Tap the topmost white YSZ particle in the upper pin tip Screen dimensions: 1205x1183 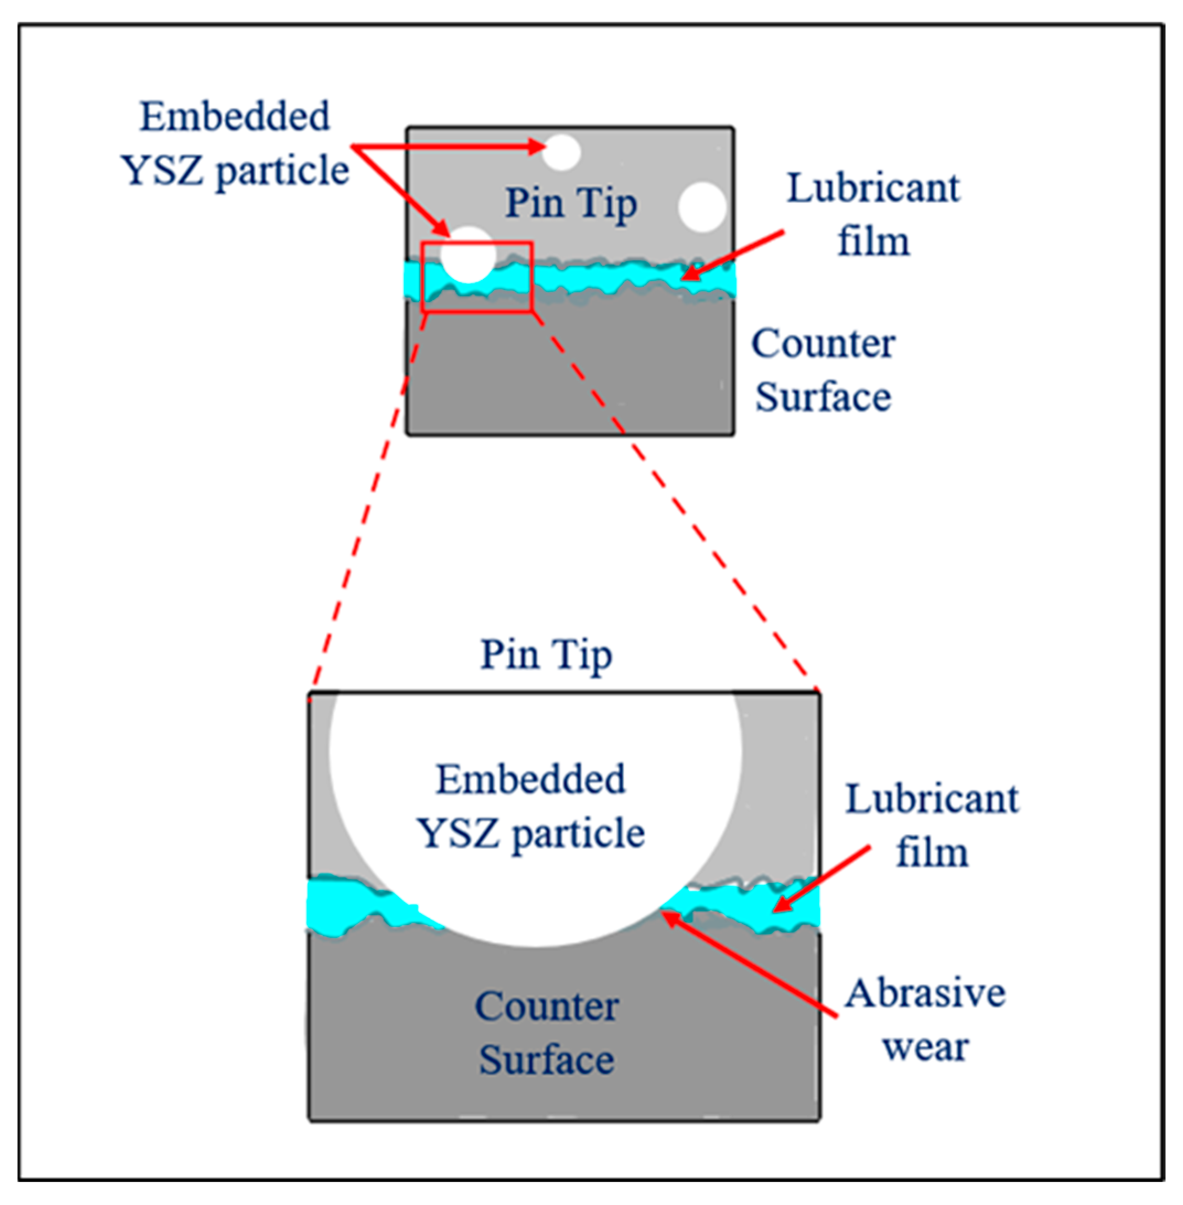561,152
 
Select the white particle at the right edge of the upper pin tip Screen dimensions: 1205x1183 702,207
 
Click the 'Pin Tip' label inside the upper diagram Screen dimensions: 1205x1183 571,203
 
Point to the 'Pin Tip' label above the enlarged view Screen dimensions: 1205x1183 546,655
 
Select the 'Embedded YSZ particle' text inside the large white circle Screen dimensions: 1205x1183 531,806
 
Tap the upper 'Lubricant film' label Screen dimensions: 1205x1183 873,214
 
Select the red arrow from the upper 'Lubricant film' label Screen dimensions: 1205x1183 733,255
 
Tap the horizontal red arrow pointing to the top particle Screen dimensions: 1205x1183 448,147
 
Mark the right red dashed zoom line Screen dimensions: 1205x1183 671,497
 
